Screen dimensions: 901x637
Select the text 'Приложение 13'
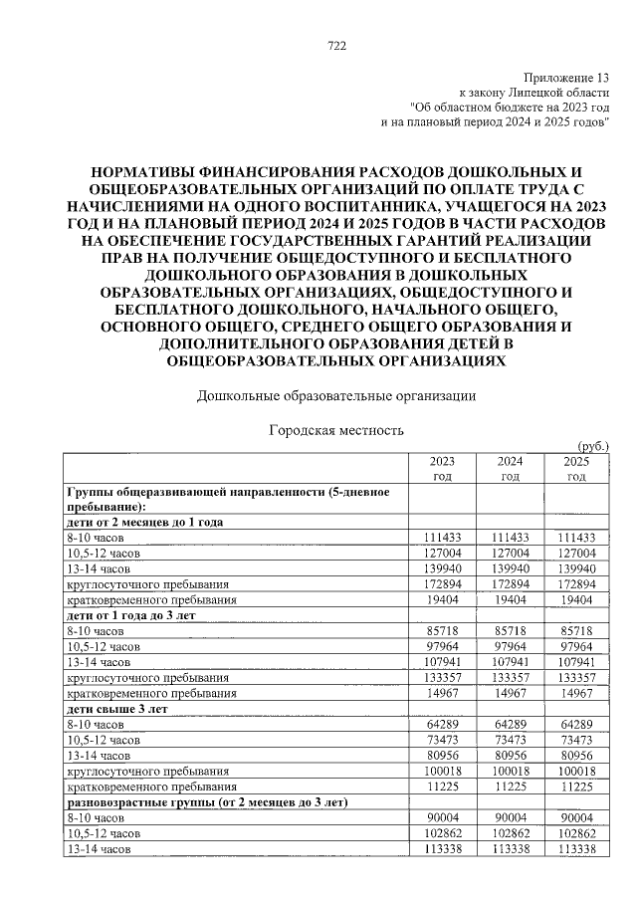pos(566,78)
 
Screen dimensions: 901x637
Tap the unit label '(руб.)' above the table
pos(591,447)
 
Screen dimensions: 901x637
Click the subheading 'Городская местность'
pos(335,431)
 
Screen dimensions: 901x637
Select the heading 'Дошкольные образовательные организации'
pos(335,396)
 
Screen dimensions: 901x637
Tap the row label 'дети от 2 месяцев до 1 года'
pos(144,522)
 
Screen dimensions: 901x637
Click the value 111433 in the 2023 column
pos(443,537)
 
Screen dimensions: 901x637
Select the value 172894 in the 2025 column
pos(576,584)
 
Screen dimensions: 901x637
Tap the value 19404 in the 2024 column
pos(510,600)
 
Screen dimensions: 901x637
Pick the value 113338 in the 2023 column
pos(443,848)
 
